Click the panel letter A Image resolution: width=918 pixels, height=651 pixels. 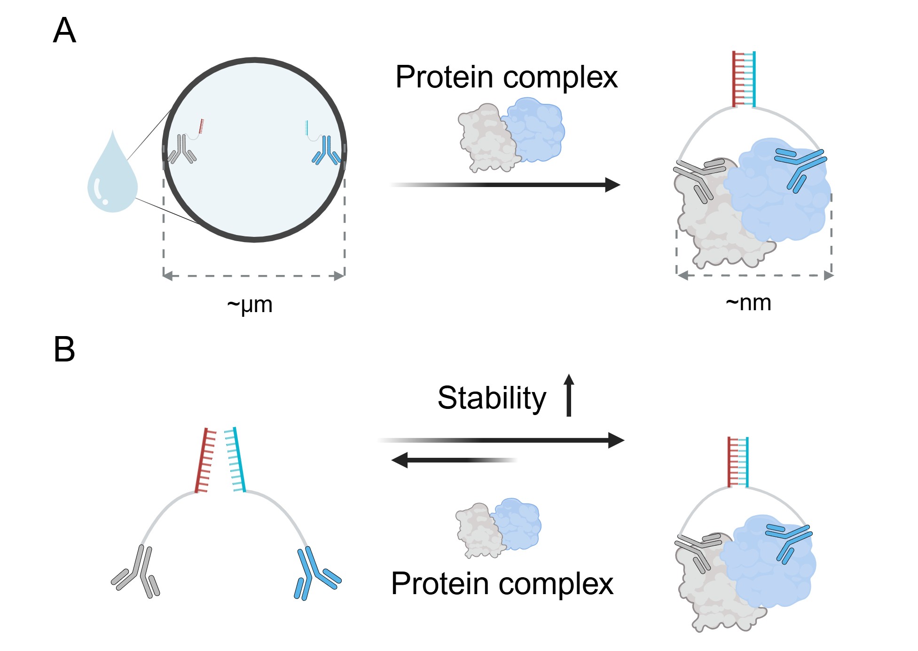(64, 31)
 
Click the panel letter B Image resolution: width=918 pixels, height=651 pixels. (64, 350)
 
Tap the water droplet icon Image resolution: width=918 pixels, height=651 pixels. (112, 176)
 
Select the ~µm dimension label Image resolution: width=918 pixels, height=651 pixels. (250, 305)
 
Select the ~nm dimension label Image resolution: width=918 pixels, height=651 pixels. (748, 303)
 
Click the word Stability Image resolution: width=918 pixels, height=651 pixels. (492, 398)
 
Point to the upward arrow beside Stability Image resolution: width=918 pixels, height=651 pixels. (569, 395)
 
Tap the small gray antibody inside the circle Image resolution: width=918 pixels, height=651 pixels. (182, 149)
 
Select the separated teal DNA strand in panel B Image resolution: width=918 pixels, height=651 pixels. (235, 460)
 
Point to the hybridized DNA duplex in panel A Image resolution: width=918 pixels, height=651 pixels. (744, 79)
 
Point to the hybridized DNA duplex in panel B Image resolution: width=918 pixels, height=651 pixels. (738, 462)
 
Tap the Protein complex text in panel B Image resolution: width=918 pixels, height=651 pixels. (502, 584)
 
